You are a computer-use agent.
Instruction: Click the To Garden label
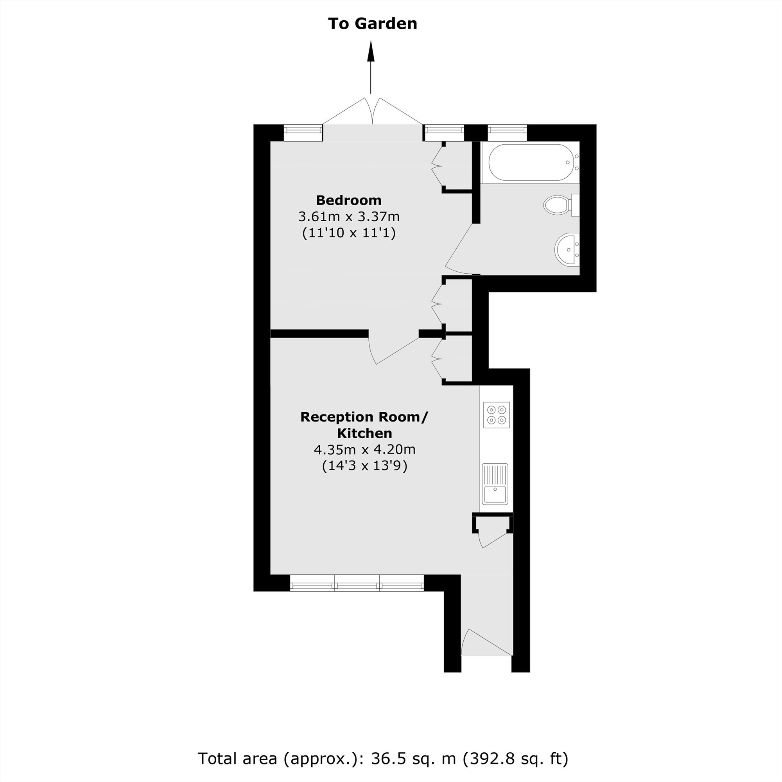tap(372, 23)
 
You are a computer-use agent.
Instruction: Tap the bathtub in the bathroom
tap(530, 162)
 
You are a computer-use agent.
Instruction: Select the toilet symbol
tap(561, 205)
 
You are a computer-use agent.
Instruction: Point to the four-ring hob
tap(496, 415)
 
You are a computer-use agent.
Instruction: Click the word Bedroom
tap(348, 200)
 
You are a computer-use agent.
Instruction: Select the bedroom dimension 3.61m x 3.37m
tap(348, 217)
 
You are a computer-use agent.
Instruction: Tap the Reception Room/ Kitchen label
tap(364, 425)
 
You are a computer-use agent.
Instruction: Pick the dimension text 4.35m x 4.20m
tap(364, 449)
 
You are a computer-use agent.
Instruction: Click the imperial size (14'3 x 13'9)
tap(364, 466)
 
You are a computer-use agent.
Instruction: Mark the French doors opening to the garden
tap(372, 113)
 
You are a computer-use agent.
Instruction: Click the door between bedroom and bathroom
tap(459, 249)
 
